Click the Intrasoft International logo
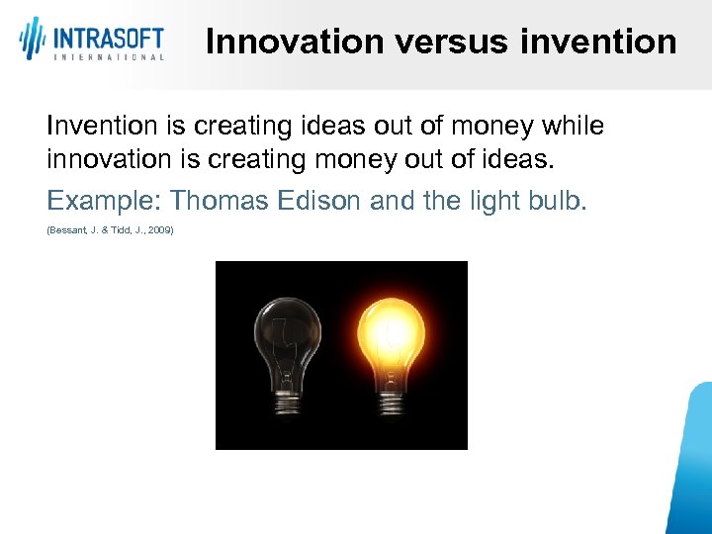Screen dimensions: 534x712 [91, 40]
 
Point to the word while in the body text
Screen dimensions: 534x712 [575, 127]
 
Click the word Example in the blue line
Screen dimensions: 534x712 [104, 202]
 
